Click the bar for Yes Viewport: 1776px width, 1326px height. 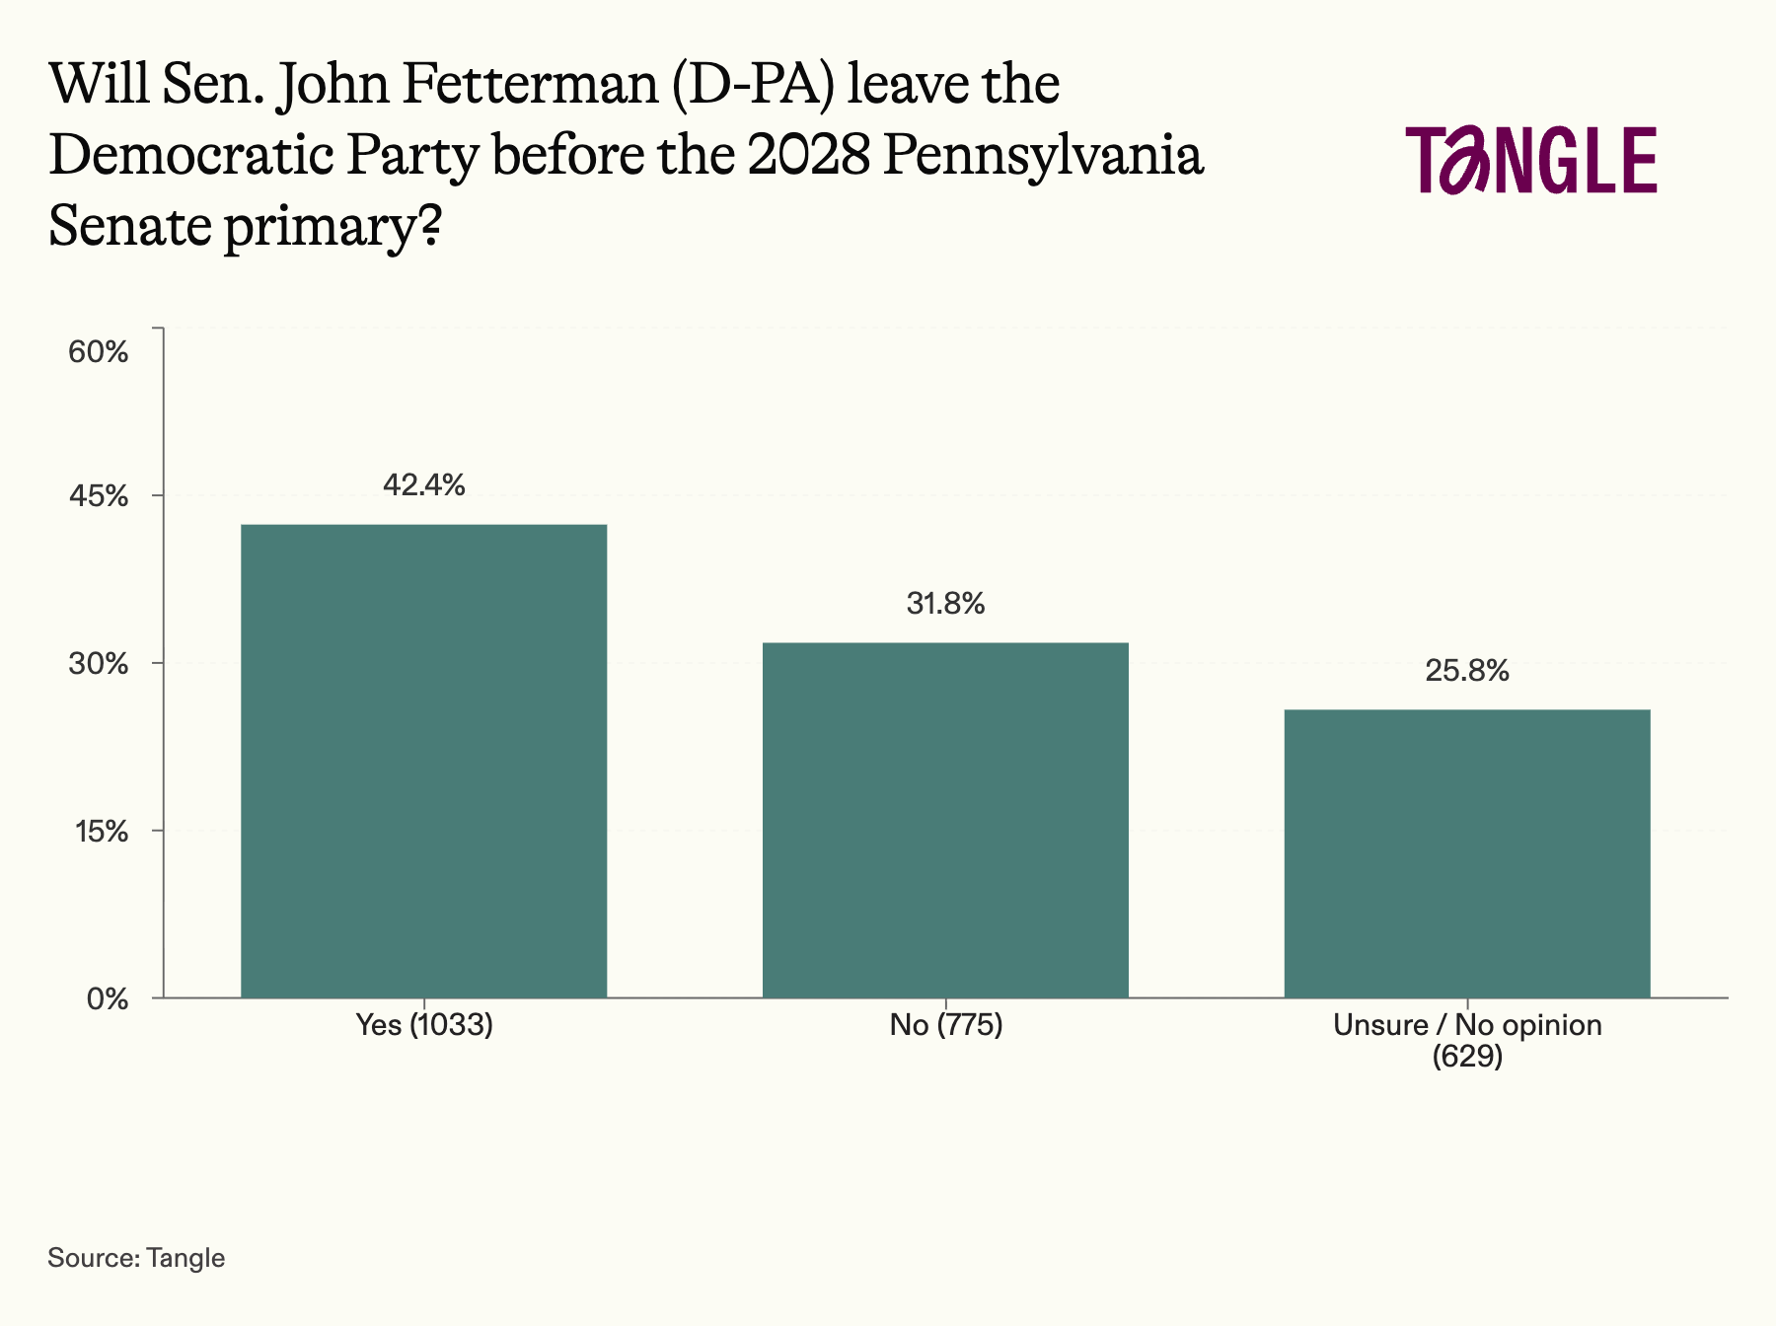[x=424, y=761]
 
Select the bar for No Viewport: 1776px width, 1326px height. [x=945, y=820]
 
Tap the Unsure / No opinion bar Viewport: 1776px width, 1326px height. [x=1467, y=853]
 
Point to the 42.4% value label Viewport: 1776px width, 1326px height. [x=424, y=484]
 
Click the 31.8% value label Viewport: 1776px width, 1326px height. [x=945, y=603]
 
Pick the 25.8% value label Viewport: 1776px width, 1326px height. [x=1467, y=671]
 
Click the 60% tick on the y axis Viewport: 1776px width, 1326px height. [x=99, y=352]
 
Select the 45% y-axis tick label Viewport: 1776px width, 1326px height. [x=99, y=496]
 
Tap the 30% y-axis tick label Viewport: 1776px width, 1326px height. [x=99, y=664]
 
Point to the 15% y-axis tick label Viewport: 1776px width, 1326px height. [x=102, y=832]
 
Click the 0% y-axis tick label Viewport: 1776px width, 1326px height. [x=108, y=999]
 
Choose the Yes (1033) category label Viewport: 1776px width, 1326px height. [x=424, y=1025]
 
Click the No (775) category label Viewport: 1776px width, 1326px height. [x=945, y=1025]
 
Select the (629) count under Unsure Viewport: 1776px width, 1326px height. [x=1467, y=1057]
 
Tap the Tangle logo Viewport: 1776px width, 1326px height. [x=1532, y=159]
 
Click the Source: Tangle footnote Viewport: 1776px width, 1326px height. [x=136, y=1258]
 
